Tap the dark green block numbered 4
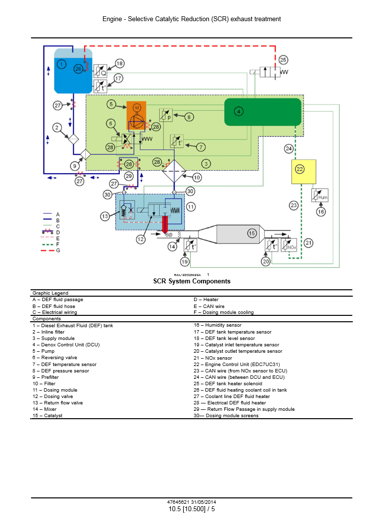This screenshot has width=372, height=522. (x=262, y=112)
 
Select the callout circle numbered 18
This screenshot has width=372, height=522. (x=119, y=63)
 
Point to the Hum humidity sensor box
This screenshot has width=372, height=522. (x=320, y=195)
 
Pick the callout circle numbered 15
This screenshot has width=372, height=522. (x=252, y=233)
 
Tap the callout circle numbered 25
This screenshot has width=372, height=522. (x=283, y=60)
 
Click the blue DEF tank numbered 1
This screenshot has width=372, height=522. (x=71, y=70)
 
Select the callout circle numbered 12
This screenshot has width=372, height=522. (x=141, y=240)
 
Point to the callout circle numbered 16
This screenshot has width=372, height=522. (x=321, y=212)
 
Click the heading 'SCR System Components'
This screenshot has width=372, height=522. (x=192, y=281)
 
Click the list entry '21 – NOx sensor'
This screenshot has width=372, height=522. (x=212, y=357)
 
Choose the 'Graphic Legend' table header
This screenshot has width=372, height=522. (x=50, y=293)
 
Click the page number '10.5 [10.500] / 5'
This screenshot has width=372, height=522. (x=192, y=509)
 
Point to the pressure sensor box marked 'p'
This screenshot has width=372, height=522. (x=165, y=116)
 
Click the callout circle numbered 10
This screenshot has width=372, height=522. (x=197, y=177)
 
